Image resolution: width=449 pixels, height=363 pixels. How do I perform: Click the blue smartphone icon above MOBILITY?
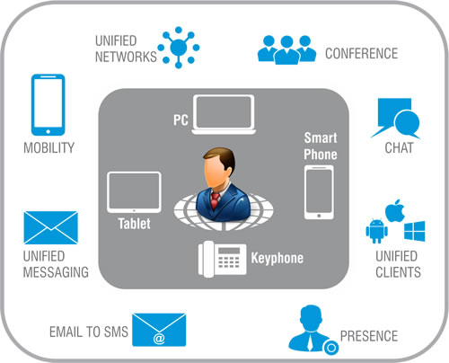pyautogui.click(x=48, y=105)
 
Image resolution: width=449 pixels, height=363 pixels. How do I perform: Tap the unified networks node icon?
pyautogui.click(x=179, y=48)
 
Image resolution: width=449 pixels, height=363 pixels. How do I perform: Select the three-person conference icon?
pyautogui.click(x=286, y=49)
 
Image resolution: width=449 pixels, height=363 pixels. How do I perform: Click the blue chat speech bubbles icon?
pyautogui.click(x=396, y=119)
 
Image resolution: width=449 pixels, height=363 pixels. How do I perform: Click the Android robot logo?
pyautogui.click(x=376, y=230)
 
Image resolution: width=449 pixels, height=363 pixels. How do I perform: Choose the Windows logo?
pyautogui.click(x=415, y=231)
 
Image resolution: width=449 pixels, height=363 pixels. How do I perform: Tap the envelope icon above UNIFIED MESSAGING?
pyautogui.click(x=51, y=227)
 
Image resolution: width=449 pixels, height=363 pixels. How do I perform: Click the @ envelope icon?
pyautogui.click(x=159, y=330)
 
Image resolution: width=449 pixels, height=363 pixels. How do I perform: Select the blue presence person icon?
pyautogui.click(x=313, y=330)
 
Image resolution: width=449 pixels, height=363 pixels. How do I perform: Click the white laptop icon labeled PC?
pyautogui.click(x=224, y=115)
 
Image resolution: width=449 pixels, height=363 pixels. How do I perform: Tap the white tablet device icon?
pyautogui.click(x=134, y=192)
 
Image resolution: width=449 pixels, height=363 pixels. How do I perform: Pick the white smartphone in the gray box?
pyautogui.click(x=319, y=192)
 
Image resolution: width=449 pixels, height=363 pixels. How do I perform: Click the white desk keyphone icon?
pyautogui.click(x=222, y=259)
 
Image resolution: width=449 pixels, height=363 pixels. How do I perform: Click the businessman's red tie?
pyautogui.click(x=215, y=200)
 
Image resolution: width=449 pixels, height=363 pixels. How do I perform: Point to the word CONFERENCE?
pyautogui.click(x=362, y=54)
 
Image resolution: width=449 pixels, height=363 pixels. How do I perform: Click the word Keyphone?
pyautogui.click(x=277, y=258)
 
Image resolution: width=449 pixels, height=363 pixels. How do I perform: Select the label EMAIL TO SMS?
pyautogui.click(x=89, y=332)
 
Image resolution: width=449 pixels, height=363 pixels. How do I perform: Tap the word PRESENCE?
pyautogui.click(x=369, y=336)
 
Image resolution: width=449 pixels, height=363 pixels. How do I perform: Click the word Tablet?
pyautogui.click(x=134, y=224)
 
